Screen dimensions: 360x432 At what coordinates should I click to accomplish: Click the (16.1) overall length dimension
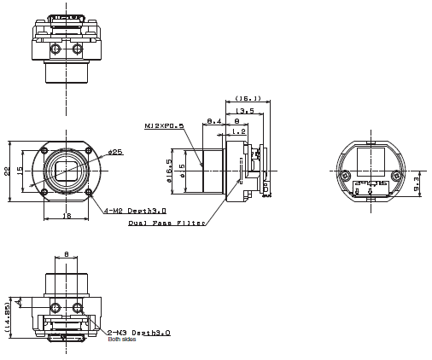248,98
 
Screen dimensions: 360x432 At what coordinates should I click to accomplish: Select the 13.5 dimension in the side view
245,111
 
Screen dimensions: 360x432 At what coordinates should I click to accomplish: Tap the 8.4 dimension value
213,122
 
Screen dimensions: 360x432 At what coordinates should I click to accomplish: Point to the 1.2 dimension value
239,131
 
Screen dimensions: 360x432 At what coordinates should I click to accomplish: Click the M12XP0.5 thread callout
164,126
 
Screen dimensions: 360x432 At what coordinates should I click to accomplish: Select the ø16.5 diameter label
169,165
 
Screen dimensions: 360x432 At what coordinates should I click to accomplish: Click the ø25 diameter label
114,152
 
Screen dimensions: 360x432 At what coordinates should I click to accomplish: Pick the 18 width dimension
67,216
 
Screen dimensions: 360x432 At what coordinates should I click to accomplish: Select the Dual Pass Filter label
166,224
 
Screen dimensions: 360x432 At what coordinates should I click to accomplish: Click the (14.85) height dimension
9,316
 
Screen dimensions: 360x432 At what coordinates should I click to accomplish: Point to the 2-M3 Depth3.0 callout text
138,333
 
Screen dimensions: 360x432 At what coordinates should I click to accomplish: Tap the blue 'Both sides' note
121,340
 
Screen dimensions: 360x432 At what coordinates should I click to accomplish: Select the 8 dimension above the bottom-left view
67,254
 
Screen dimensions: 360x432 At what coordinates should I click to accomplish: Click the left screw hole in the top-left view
54,49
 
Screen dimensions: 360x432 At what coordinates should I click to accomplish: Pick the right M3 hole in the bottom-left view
79,307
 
